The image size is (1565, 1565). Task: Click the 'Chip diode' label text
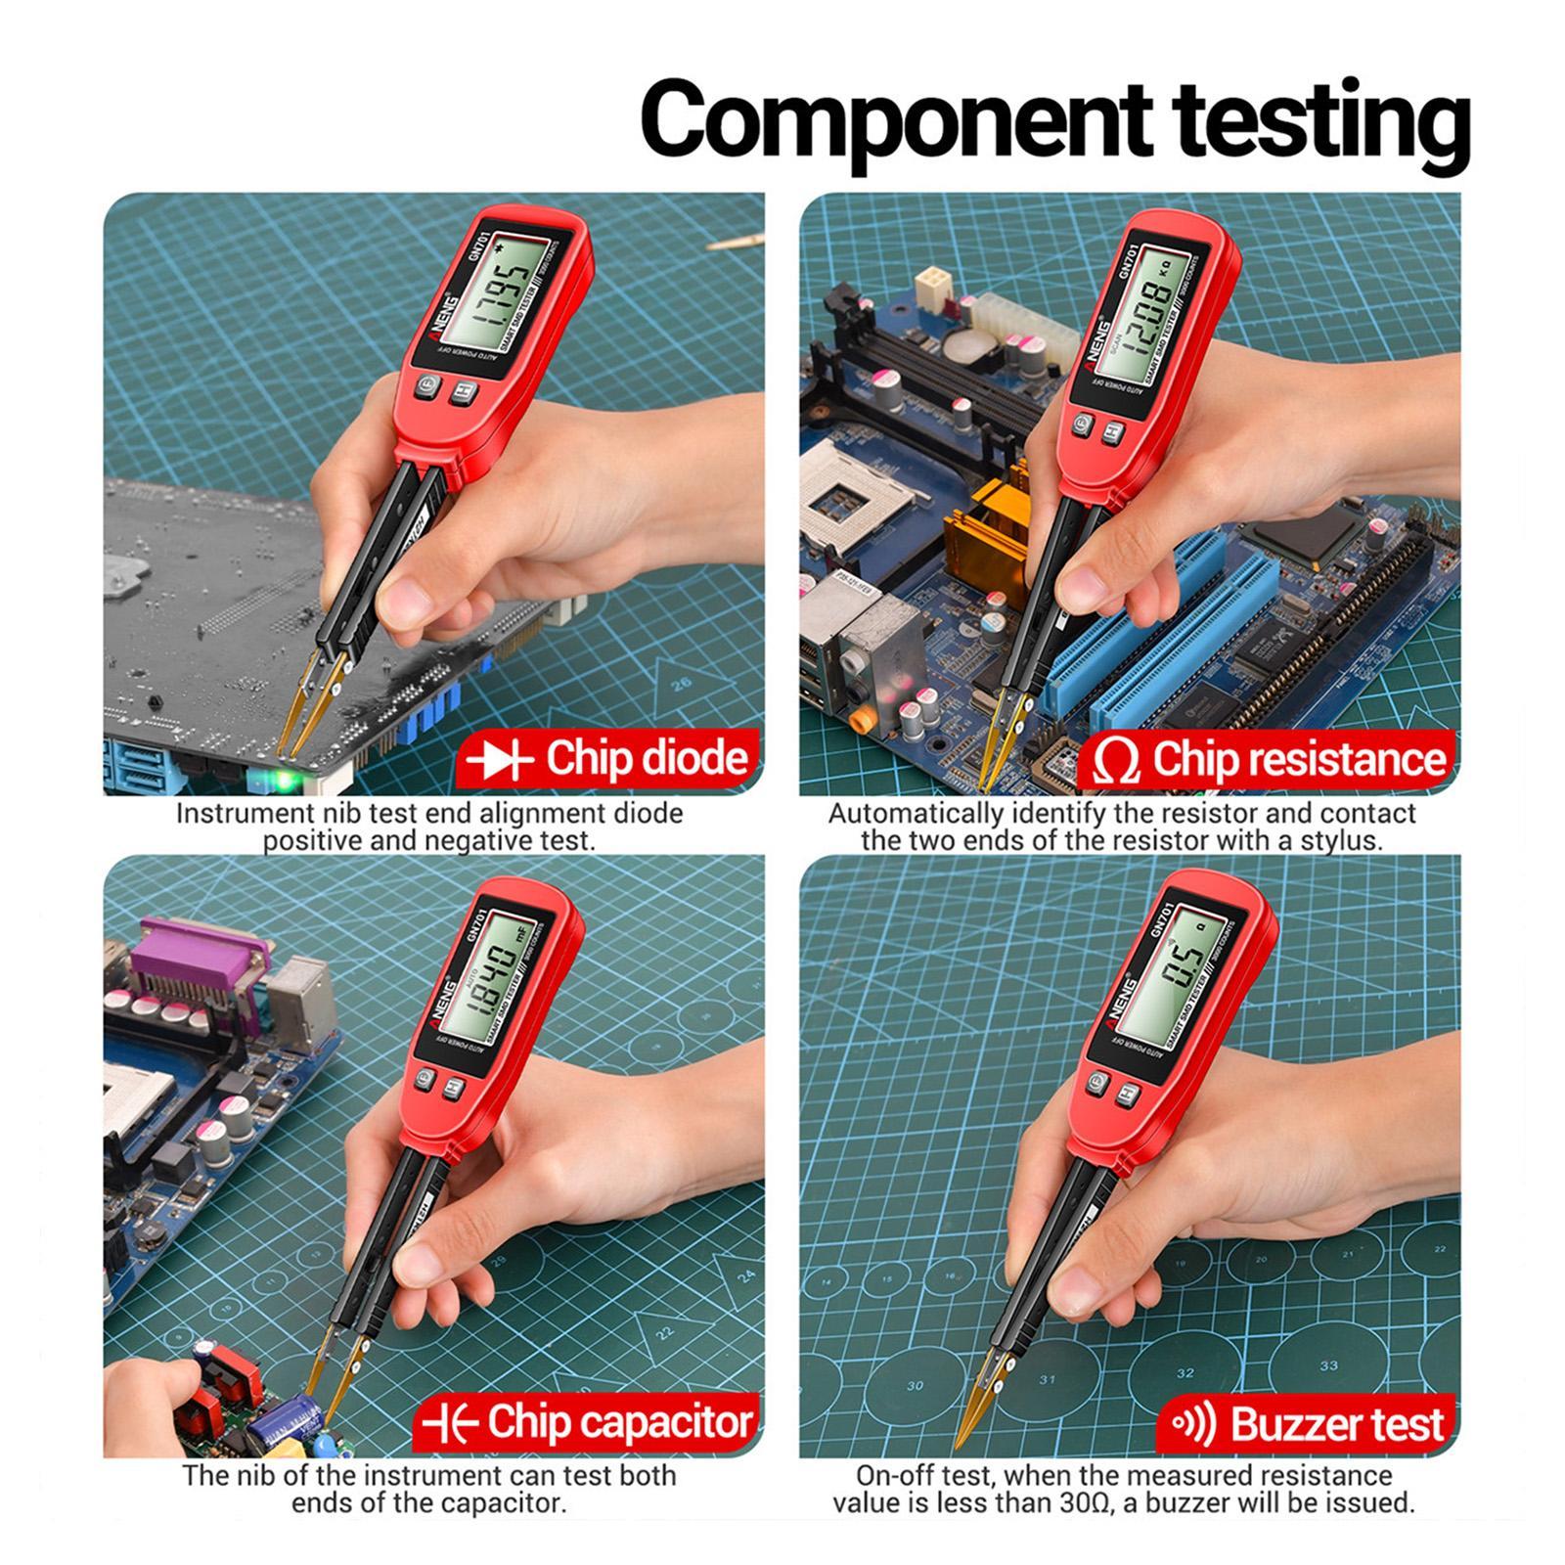[647, 759]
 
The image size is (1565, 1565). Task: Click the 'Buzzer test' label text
[1337, 1424]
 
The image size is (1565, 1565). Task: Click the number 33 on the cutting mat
[1327, 1365]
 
